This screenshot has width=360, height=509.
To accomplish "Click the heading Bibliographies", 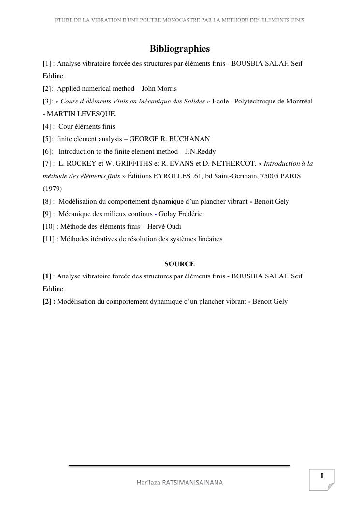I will pyautogui.click(x=180, y=49).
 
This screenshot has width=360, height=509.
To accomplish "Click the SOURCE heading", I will pyautogui.click(x=179, y=264).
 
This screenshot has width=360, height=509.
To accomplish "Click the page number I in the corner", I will pyautogui.click(x=322, y=476).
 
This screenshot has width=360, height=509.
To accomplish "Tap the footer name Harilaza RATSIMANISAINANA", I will pyautogui.click(x=180, y=483).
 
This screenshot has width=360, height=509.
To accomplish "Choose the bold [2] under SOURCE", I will pyautogui.click(x=48, y=301).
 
